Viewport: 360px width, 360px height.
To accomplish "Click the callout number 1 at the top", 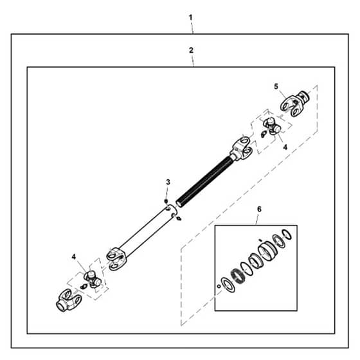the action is [190, 17].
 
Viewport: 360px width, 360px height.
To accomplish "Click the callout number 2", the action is [191, 50].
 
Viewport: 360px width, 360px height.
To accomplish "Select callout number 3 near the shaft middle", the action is [168, 182].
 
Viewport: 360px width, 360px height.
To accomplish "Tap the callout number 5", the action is [276, 87].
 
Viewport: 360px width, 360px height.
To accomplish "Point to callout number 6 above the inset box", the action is [259, 209].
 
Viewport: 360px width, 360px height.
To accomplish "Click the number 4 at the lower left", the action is [74, 256].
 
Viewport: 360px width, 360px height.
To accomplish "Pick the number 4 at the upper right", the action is [285, 147].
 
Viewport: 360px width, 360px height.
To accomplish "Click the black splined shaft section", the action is [205, 181].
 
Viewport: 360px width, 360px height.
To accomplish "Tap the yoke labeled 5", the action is [295, 103].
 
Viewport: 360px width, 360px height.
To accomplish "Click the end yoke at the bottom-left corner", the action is [68, 300].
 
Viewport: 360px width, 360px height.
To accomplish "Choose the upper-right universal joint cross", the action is [271, 125].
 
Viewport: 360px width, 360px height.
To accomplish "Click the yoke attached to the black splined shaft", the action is [241, 148].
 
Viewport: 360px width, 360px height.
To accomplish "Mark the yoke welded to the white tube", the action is [116, 258].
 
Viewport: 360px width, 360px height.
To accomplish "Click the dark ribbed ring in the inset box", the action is [238, 277].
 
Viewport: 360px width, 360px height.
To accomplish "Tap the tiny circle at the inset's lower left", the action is [219, 286].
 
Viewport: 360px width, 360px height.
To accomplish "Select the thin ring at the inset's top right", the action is [287, 235].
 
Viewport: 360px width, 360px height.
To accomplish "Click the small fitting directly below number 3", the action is [166, 201].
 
